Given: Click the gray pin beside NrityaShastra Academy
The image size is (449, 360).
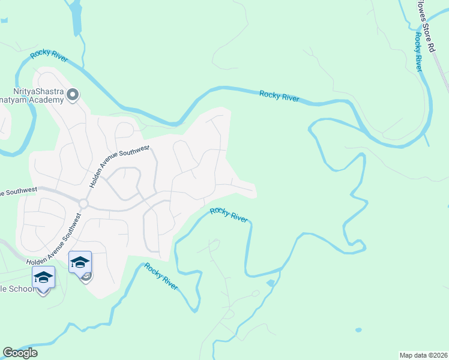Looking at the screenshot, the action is click(73, 94).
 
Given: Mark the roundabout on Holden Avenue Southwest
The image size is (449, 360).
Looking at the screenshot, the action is click(83, 204).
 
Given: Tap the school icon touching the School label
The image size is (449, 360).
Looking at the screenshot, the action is click(43, 277).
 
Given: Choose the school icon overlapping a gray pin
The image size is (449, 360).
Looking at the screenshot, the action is click(80, 262).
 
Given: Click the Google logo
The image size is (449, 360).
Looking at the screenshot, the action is click(20, 353).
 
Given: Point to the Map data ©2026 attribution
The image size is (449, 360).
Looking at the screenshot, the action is click(423, 355).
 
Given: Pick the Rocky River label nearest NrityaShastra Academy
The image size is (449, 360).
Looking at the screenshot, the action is click(49, 57).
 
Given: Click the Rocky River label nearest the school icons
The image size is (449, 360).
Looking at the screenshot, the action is click(161, 277).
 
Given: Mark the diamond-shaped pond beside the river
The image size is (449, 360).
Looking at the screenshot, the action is click(271, 283).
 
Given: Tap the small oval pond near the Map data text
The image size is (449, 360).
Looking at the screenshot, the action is click(358, 329).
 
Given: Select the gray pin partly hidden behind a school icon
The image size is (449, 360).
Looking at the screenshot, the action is click(88, 277).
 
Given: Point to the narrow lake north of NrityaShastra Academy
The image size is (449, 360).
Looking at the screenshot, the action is click(76, 18).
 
